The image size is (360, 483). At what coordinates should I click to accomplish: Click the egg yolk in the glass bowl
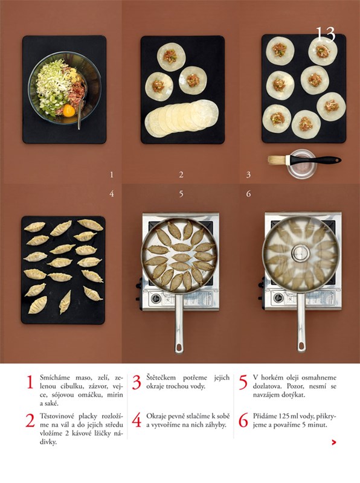68,110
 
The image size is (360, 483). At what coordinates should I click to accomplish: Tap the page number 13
326,34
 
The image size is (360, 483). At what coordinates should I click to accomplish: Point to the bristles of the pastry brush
277,160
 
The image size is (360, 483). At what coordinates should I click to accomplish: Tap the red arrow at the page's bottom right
333,443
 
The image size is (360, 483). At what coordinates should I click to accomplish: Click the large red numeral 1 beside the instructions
30,382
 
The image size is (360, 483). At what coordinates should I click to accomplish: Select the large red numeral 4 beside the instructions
137,420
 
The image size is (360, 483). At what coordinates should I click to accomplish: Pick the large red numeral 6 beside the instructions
243,420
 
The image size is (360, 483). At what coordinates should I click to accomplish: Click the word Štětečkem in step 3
161,378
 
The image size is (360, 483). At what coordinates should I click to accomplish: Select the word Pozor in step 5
295,386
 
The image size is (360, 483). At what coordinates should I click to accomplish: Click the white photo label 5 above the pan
181,194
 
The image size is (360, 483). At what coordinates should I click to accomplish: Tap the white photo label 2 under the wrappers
181,174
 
